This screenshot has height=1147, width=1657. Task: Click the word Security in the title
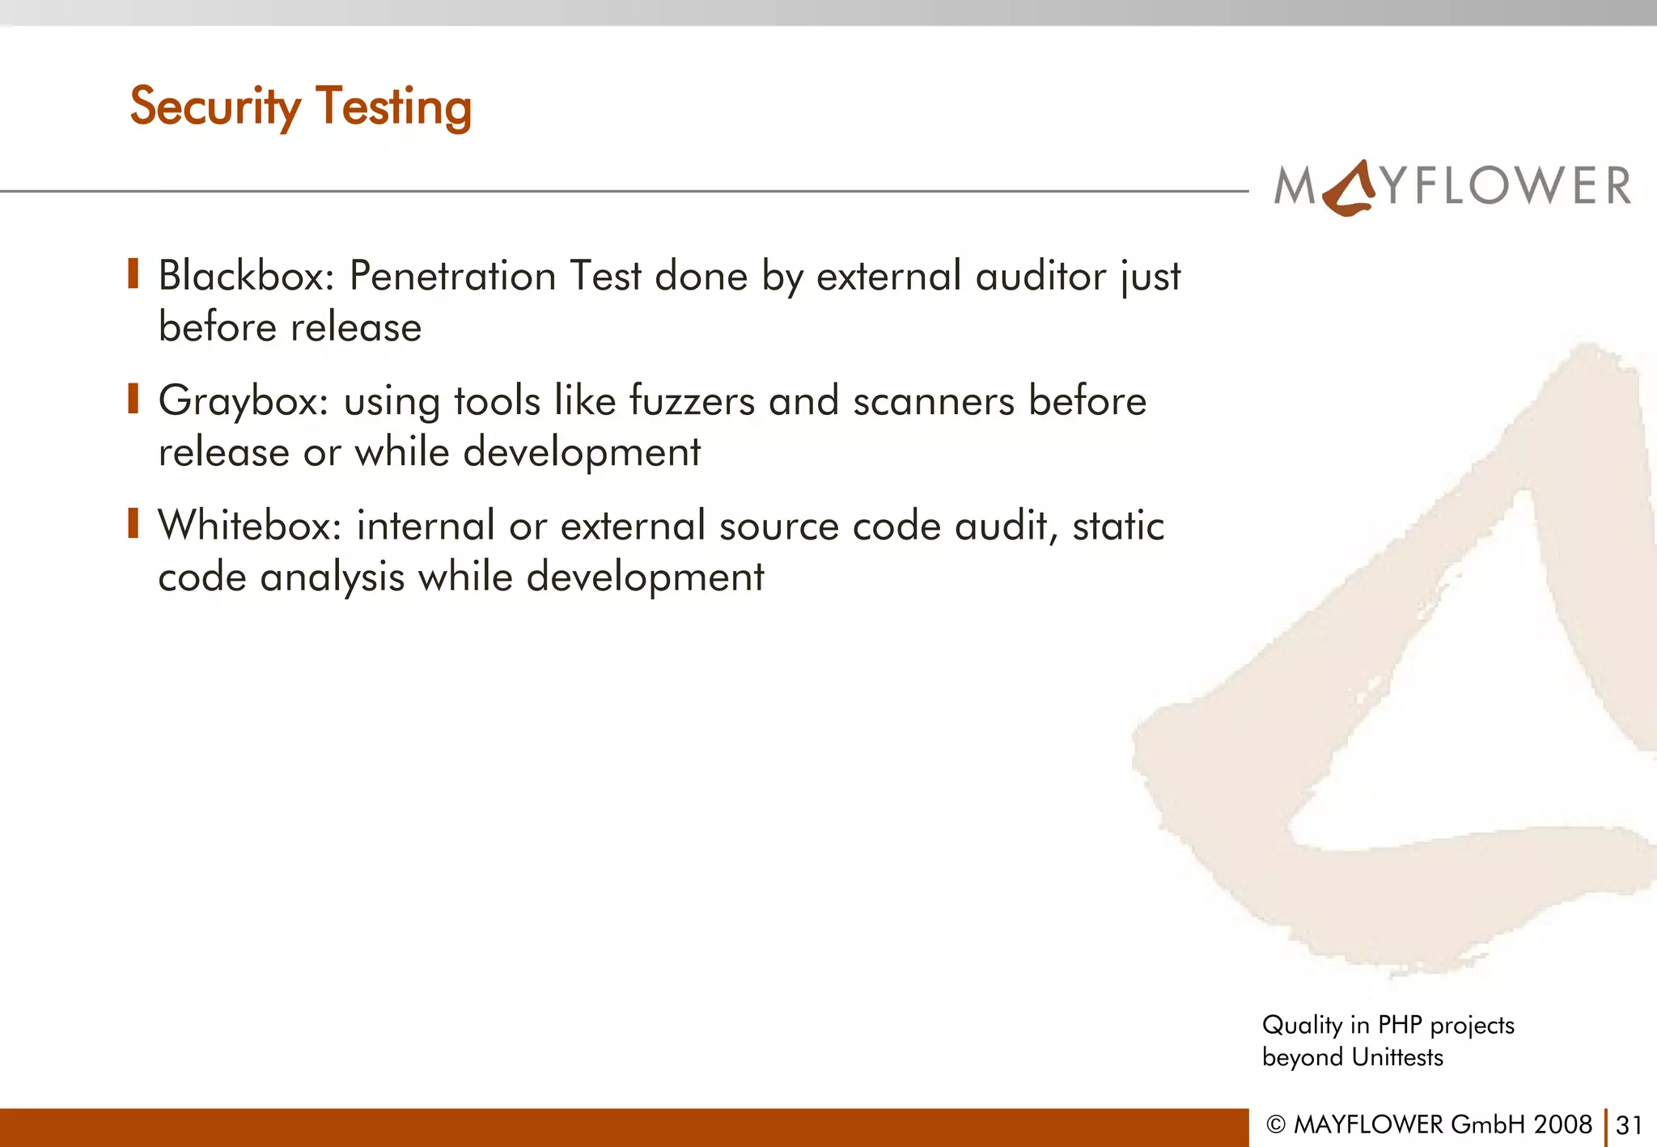214,107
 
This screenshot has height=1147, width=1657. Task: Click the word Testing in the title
393,107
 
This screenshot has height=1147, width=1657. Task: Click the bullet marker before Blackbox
133,274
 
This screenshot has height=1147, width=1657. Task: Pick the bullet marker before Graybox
133,399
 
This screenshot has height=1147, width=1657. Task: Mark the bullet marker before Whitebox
133,523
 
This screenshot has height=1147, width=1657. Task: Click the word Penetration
452,276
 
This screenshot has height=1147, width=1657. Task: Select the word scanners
934,402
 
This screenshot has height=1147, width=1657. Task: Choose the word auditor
1040,276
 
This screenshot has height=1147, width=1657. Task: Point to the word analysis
332,578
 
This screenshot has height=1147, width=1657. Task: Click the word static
1118,526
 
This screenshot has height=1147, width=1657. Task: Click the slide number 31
1629,1125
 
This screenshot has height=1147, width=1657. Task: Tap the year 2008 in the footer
1563,1124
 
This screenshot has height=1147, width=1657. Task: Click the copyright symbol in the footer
1276,1125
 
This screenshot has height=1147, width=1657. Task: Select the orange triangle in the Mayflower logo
1350,188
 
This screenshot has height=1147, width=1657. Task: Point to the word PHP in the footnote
1400,1025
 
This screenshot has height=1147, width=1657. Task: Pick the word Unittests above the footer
1397,1057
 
